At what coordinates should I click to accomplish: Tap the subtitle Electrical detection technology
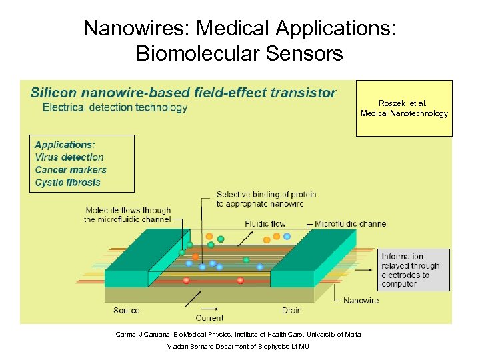click(x=115, y=107)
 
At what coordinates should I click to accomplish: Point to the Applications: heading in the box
click(x=65, y=145)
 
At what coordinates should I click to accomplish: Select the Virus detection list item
click(x=69, y=157)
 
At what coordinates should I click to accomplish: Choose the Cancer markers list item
click(x=71, y=170)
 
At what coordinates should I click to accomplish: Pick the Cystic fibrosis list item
click(x=68, y=182)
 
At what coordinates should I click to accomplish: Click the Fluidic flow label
click(x=265, y=224)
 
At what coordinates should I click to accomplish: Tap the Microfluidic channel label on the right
click(x=351, y=224)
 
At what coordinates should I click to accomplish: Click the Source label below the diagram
click(x=126, y=310)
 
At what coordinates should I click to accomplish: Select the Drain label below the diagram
click(x=291, y=310)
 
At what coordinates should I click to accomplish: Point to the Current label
click(x=209, y=318)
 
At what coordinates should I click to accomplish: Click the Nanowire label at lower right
click(x=361, y=301)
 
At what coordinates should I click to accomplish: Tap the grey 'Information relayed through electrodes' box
click(x=413, y=270)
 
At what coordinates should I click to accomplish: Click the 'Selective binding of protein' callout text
click(x=266, y=199)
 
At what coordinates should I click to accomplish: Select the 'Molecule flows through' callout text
click(x=128, y=215)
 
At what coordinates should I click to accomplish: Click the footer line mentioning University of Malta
click(x=238, y=334)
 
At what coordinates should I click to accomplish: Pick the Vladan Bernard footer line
click(x=238, y=347)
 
